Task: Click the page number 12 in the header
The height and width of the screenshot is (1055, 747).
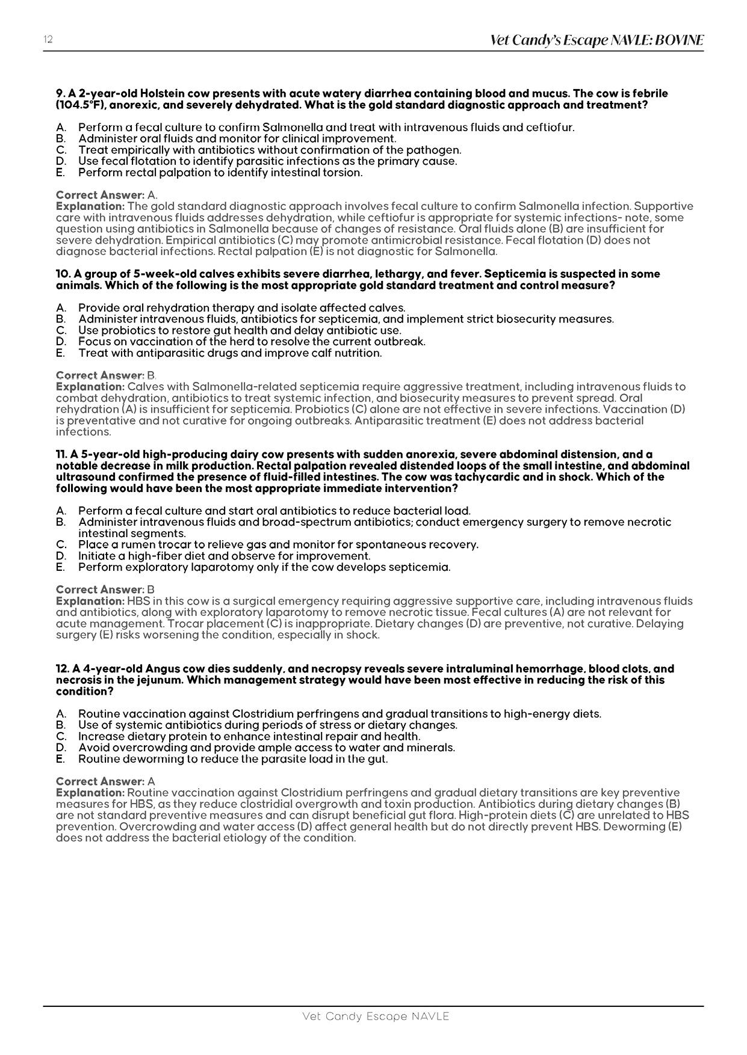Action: coord(48,40)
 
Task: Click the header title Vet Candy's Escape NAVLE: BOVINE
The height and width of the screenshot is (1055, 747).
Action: coord(596,40)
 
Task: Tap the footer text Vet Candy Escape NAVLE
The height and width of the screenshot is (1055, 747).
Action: coord(376,1017)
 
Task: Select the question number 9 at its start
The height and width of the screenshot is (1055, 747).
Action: coord(60,94)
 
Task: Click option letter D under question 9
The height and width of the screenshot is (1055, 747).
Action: coord(60,161)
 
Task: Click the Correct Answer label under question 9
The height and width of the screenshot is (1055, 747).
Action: coord(100,195)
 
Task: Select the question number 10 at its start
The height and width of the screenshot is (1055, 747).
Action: coord(63,274)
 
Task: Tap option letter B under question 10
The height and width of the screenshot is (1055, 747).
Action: coord(60,319)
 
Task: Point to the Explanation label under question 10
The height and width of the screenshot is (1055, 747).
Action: coord(90,387)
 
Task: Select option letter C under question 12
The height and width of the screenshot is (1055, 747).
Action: coord(60,736)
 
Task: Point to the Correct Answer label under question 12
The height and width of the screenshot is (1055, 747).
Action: coord(100,781)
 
